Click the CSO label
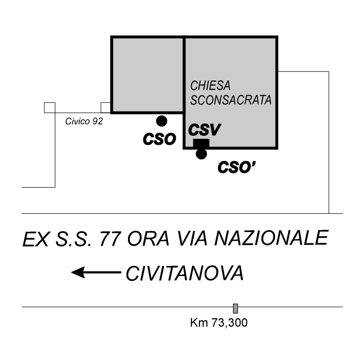[159, 139]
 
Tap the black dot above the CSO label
[161, 121]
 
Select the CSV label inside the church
[205, 130]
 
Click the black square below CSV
[201, 143]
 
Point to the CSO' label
[237, 167]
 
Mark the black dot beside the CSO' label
[202, 154]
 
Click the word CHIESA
[210, 86]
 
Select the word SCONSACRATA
[231, 100]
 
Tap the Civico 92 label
[84, 121]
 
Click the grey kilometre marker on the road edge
[236, 308]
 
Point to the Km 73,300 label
[219, 323]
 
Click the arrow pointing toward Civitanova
[96, 273]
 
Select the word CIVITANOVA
[185, 273]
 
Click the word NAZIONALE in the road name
[271, 238]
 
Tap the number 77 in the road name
[110, 239]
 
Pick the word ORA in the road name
[148, 239]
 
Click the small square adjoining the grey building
[106, 108]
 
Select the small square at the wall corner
[50, 108]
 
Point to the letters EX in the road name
[36, 239]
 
